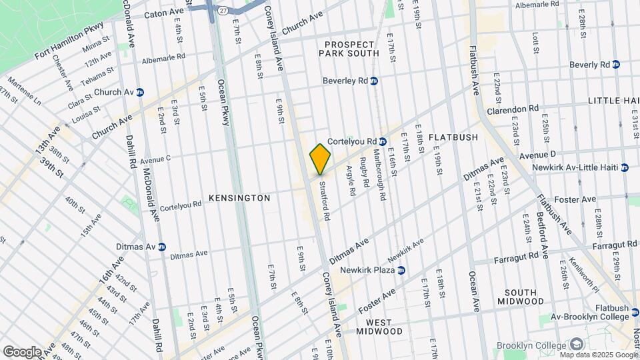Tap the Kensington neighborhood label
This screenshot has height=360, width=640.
click(239, 198)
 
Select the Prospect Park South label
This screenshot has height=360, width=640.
click(352, 49)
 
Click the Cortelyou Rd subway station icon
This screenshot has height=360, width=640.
click(383, 141)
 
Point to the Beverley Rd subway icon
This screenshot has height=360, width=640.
click(374, 81)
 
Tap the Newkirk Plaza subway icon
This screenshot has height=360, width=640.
click(401, 270)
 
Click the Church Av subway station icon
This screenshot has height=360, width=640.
click(140, 92)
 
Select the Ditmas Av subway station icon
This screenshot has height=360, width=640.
click(161, 246)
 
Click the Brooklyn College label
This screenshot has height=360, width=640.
click(537, 344)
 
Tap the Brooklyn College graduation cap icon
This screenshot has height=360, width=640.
click(577, 344)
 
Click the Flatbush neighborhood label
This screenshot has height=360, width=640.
click(453, 137)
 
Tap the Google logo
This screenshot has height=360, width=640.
click(22, 351)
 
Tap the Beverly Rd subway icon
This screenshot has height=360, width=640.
click(615, 65)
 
